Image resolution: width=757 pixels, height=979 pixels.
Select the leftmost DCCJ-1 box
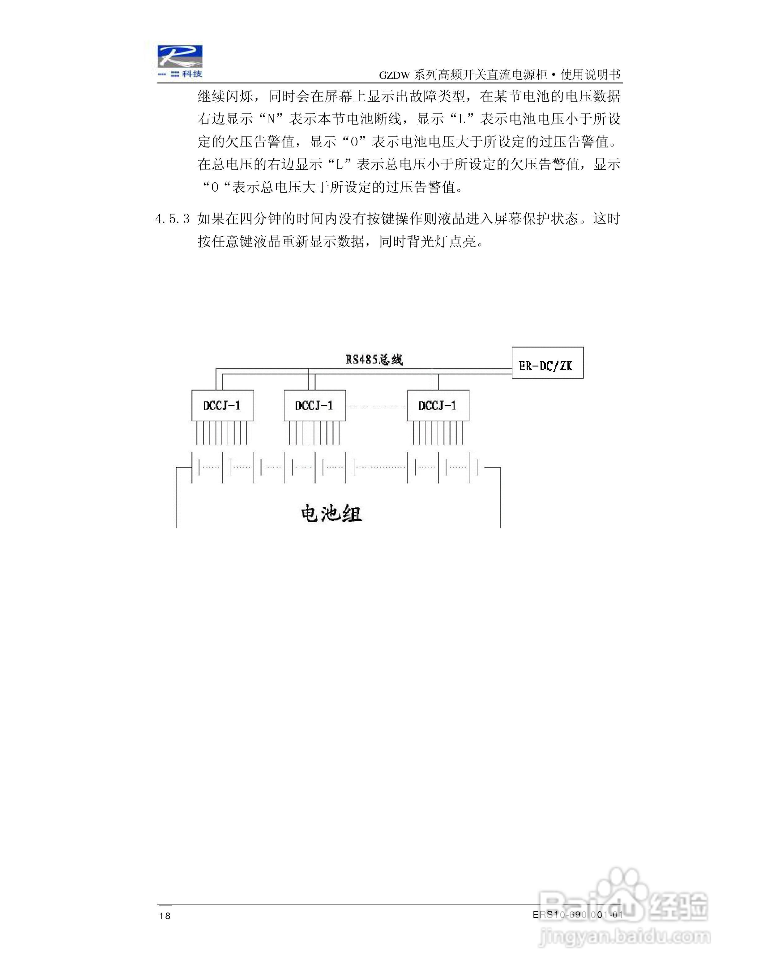tap(222, 406)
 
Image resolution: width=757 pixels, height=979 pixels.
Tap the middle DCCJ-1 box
tap(315, 406)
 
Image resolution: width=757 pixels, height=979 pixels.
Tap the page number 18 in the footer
tap(165, 916)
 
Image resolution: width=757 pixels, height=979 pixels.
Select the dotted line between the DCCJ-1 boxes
tap(376, 406)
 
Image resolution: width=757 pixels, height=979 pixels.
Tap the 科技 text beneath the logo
tap(192, 74)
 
